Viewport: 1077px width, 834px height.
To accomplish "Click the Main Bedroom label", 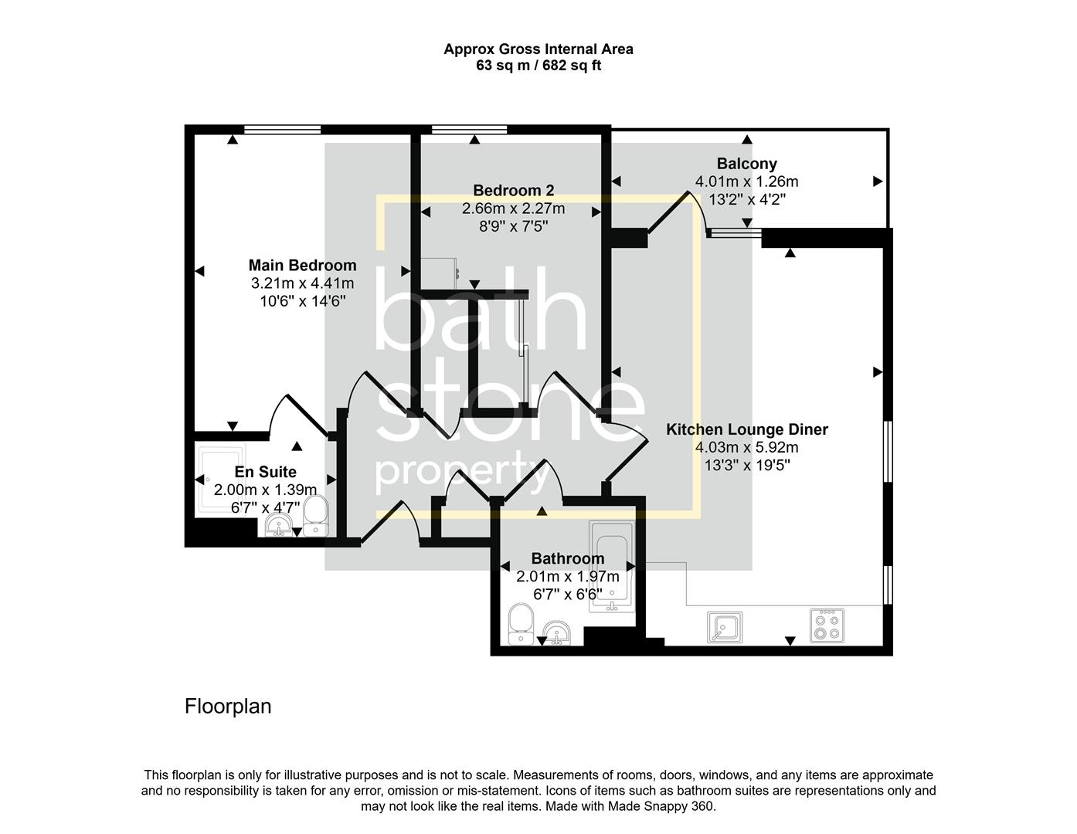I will pyautogui.click(x=302, y=266).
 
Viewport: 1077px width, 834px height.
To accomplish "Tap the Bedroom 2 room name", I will pyautogui.click(x=513, y=191).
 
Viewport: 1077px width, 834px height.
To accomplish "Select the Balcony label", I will pyautogui.click(x=746, y=164).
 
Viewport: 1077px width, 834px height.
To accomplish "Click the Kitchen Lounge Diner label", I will pyautogui.click(x=746, y=429).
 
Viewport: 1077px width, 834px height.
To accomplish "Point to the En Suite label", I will pyautogui.click(x=265, y=472).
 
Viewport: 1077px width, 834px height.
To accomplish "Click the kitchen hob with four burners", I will pyautogui.click(x=826, y=625).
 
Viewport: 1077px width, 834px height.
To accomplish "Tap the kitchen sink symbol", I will pyautogui.click(x=724, y=627).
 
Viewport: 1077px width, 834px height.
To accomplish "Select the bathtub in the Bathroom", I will pyautogui.click(x=612, y=567).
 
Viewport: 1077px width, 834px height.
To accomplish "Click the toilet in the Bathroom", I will pyautogui.click(x=521, y=624).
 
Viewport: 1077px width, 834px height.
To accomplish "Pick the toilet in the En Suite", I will pyautogui.click(x=315, y=516).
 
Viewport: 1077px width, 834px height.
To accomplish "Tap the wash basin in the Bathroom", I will pyautogui.click(x=556, y=633).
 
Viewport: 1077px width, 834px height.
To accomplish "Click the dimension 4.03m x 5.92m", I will pyautogui.click(x=746, y=448).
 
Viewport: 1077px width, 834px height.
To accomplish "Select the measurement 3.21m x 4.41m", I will pyautogui.click(x=302, y=283).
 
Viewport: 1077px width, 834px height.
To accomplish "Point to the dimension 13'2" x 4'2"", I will pyautogui.click(x=746, y=199).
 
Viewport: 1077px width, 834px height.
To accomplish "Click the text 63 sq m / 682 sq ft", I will pyautogui.click(x=538, y=66).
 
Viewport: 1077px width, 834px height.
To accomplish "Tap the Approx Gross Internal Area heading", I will pyautogui.click(x=538, y=49).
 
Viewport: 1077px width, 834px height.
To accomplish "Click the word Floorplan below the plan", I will pyautogui.click(x=228, y=706).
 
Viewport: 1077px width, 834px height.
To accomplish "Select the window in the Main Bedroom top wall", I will pyautogui.click(x=282, y=130).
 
